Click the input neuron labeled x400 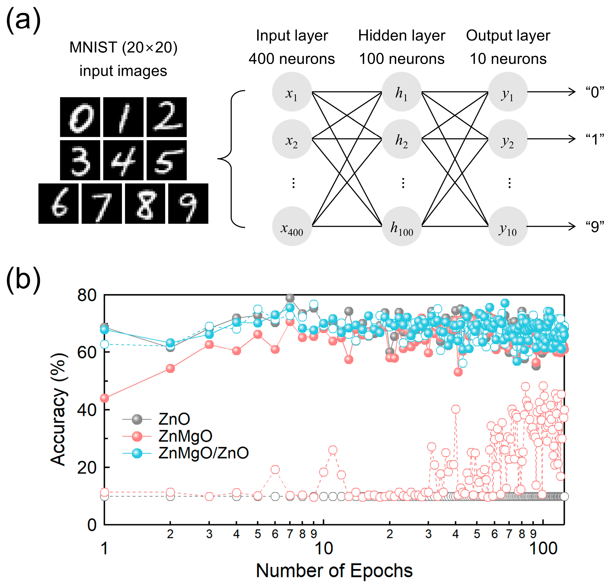point(292,226)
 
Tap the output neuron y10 point(508,226)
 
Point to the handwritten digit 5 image point(166,160)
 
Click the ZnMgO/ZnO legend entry point(203,453)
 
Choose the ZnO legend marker point(137,419)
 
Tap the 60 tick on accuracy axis point(87,352)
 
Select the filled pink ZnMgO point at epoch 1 point(105,398)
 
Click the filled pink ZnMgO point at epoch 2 point(170,368)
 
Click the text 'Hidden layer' point(401,36)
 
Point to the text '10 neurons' point(508,59)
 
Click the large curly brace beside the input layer point(231,159)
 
